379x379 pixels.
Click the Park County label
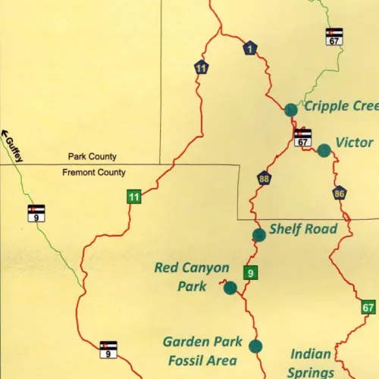point(92,157)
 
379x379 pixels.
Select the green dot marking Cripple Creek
point(290,110)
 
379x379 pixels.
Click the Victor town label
point(354,143)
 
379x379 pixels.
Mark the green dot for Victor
point(324,150)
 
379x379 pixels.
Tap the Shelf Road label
point(303,229)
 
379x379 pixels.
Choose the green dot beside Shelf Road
point(259,234)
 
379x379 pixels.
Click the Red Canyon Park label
point(192,277)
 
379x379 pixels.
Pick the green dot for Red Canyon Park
point(230,287)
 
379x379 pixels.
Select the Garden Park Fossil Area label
point(199,351)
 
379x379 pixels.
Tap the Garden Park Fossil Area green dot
point(255,346)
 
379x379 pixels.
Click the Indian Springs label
point(312,362)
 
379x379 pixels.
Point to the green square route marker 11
point(133,198)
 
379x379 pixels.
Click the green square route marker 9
point(250,273)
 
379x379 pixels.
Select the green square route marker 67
point(368,307)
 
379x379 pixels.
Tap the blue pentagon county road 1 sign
point(250,49)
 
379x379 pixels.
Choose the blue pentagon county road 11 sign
point(201,67)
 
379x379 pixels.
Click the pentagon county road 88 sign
point(264,179)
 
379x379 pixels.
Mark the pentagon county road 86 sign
point(340,193)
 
